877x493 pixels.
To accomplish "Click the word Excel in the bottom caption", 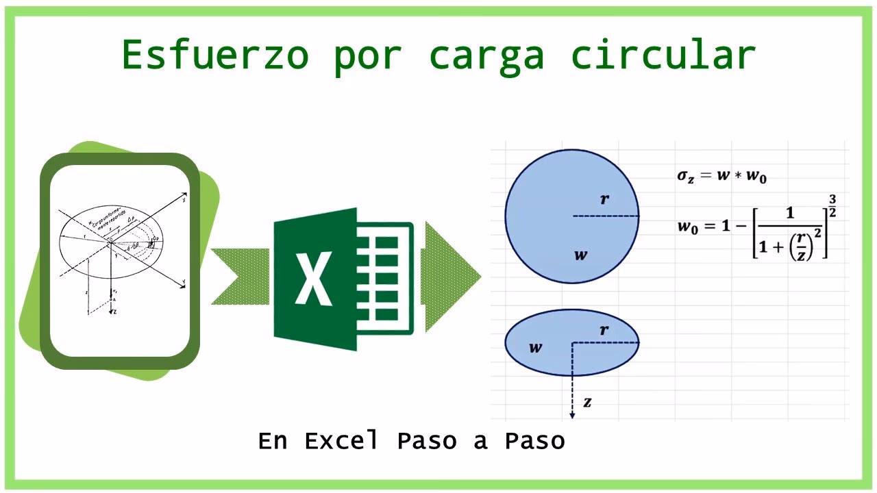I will point(341,441).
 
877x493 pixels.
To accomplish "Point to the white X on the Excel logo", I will point(313,279).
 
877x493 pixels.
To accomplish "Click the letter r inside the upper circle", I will point(604,200).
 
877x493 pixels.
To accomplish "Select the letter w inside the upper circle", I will point(580,255).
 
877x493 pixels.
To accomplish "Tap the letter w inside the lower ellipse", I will point(535,348).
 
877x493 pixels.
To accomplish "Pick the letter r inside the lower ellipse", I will point(604,331).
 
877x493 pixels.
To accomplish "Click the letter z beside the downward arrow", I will point(587,403).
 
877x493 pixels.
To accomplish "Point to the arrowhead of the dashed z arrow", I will point(572,415).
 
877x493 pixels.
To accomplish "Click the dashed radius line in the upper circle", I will point(606,216).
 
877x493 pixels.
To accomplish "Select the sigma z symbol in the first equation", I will point(686,176).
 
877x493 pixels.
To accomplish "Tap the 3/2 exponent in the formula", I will point(832,206).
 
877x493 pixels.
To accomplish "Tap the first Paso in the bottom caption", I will point(426,441).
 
